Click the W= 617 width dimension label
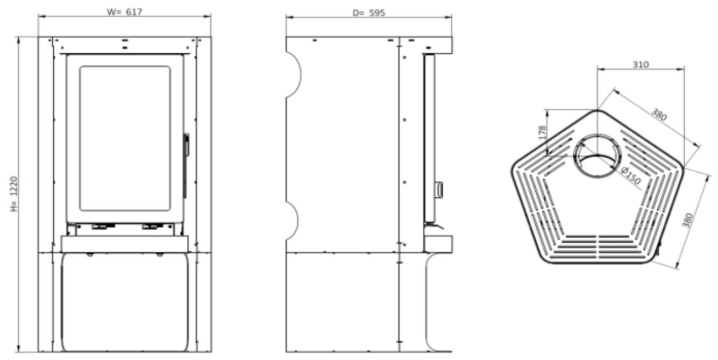[x=125, y=12]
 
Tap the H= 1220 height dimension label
[x=14, y=194]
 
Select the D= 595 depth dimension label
[x=369, y=12]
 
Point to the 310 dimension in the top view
[x=641, y=65]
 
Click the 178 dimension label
[x=542, y=132]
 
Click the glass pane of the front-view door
[x=125, y=138]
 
